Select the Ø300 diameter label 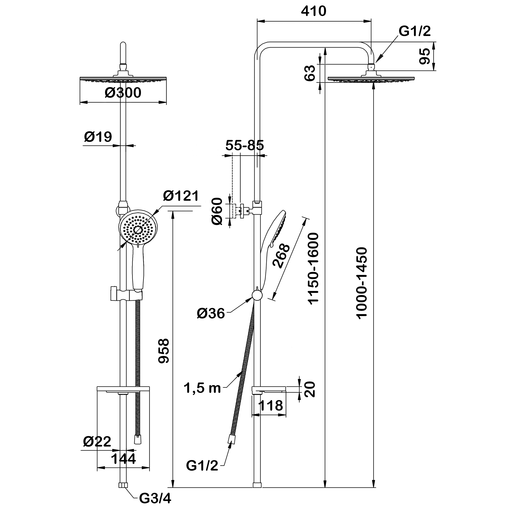123,93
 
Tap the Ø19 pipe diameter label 98,137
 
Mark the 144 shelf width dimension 123,459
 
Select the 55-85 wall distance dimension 245,145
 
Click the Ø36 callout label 211,314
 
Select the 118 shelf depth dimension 270,406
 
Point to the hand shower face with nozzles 138,229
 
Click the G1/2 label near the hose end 202,466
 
